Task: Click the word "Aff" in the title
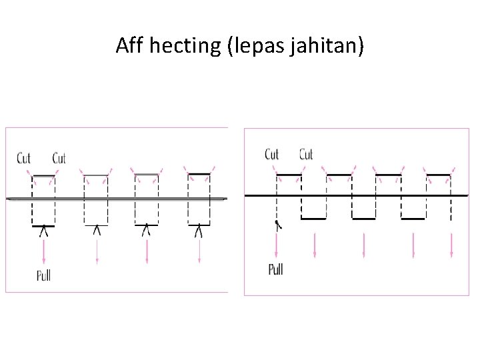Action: click(x=130, y=46)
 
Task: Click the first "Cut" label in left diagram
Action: click(x=24, y=159)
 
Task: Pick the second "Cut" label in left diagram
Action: click(x=59, y=159)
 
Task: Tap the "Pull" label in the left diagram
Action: click(x=43, y=274)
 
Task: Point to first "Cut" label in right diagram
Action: click(x=272, y=155)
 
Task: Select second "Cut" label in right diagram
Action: click(x=306, y=155)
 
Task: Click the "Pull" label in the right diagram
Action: click(x=275, y=269)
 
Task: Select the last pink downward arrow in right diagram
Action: click(x=452, y=245)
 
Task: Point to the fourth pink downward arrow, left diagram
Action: click(x=199, y=250)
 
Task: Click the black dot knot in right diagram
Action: click(x=277, y=224)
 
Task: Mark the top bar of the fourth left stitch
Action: click(x=199, y=175)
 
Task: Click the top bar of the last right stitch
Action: click(x=439, y=175)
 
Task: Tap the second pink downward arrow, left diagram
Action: click(x=97, y=250)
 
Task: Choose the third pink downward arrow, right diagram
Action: click(x=364, y=245)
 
